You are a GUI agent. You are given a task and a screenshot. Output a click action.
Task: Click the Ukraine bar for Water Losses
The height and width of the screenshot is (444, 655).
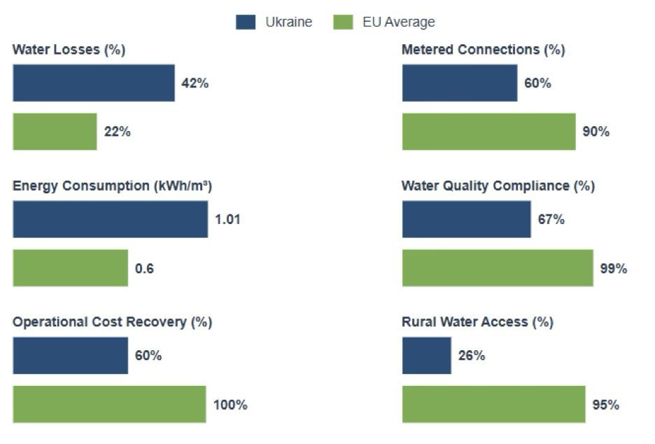pos(94,83)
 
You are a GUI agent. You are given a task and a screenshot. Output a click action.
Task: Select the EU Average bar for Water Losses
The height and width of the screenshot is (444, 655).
pos(55,132)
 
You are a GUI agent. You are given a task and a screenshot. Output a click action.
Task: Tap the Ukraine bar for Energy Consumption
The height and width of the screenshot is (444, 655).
pos(110,219)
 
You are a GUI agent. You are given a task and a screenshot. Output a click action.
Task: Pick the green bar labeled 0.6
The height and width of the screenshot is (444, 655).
pos(70,268)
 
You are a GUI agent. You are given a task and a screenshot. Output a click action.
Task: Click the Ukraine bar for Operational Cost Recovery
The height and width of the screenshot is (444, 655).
pos(70,355)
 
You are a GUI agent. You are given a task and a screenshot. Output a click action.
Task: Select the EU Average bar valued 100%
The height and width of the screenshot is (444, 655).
pos(109,404)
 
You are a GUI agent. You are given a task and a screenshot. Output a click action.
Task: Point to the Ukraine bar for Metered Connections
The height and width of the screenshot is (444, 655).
pos(460,83)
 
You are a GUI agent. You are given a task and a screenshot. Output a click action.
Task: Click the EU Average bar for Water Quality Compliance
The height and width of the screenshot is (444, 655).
pos(498,268)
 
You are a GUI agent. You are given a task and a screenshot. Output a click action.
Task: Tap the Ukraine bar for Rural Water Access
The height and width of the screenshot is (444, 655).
pos(427,355)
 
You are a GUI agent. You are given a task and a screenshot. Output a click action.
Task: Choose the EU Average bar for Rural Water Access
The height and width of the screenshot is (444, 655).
pos(493,404)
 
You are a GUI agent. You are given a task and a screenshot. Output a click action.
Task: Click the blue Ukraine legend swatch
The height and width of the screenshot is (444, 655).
pos(246,22)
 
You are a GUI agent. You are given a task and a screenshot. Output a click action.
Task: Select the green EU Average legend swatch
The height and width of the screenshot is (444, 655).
pos(343,22)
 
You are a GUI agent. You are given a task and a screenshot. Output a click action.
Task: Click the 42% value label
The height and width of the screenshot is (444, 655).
pos(195,83)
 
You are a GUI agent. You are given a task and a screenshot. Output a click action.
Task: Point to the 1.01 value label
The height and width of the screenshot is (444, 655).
pos(227,219)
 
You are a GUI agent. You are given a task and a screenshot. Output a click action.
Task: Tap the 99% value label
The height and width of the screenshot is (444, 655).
pos(613,268)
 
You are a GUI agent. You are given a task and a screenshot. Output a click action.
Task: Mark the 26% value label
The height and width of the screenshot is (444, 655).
pos(471,355)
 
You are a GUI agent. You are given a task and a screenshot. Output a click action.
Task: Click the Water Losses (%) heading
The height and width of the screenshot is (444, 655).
pos(69,50)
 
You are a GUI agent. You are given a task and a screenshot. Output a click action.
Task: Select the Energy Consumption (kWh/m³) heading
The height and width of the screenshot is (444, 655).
pos(112,186)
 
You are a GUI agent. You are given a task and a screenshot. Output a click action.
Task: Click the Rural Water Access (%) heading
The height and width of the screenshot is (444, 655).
pos(477,322)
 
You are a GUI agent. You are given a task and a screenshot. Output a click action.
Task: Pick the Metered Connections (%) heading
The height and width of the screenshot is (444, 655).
pos(483,50)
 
